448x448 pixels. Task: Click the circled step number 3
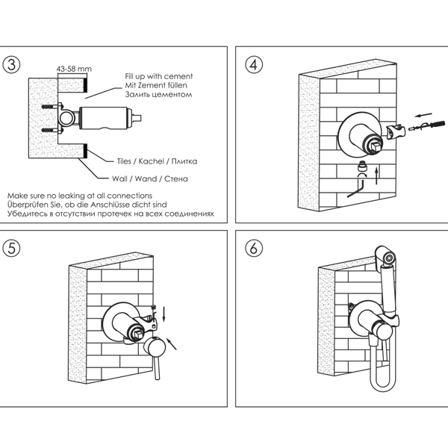tap(12, 64)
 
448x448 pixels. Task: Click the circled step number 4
tap(255, 64)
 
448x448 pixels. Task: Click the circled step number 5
tap(12, 249)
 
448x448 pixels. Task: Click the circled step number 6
tap(255, 249)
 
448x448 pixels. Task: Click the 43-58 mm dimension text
tap(74, 69)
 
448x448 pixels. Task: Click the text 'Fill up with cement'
tap(159, 77)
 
